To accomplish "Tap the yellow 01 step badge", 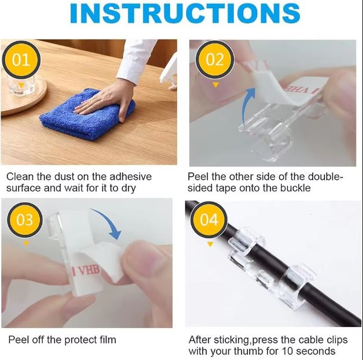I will point(21,60).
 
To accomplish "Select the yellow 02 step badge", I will point(215,60).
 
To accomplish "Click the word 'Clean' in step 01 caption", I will point(20,176).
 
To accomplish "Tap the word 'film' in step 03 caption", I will point(105,340).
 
